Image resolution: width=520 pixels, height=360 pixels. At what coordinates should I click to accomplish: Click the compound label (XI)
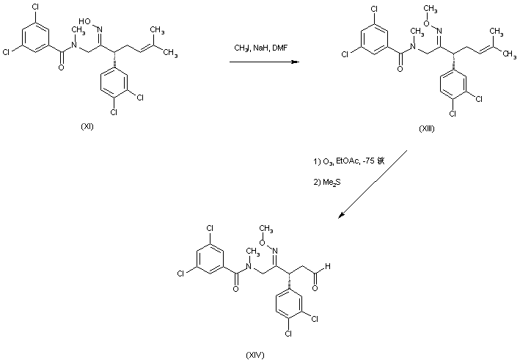87,127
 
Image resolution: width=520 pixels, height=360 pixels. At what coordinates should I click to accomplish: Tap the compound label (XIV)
256,354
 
